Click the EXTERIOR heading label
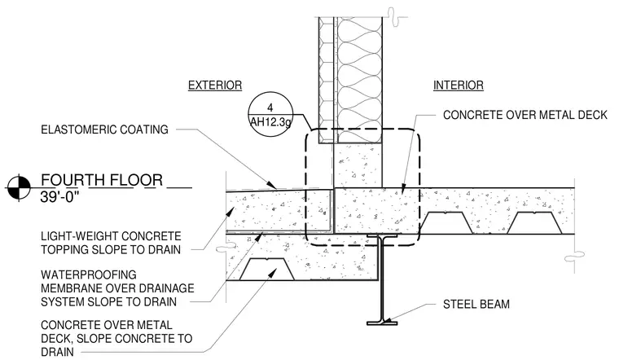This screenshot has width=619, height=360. [215, 86]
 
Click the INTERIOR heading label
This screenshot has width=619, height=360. [459, 86]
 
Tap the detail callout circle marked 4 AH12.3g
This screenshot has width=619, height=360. [270, 115]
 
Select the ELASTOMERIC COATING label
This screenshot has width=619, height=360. [104, 130]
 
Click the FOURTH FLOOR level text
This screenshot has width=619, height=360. [102, 180]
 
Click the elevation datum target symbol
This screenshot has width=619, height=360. [19, 187]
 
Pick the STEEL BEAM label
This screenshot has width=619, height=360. [476, 305]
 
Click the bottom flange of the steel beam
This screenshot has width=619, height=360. [382, 323]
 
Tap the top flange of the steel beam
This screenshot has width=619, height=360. [382, 236]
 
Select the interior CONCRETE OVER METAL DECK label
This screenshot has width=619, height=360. [525, 115]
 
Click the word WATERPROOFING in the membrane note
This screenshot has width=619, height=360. [89, 274]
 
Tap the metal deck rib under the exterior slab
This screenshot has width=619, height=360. [267, 270]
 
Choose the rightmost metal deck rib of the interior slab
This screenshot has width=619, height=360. [534, 223]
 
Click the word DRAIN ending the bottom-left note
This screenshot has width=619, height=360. [57, 352]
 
